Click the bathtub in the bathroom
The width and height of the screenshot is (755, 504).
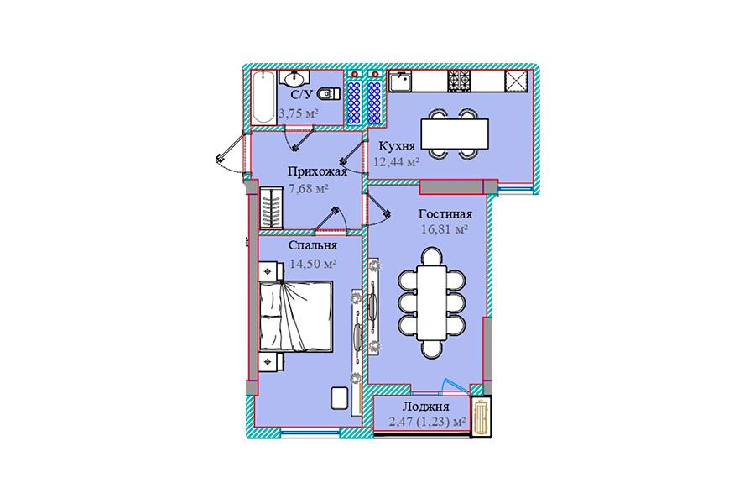[x=264, y=97]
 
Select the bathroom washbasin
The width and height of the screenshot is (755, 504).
[x=294, y=77]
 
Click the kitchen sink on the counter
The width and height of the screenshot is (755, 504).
[x=401, y=82]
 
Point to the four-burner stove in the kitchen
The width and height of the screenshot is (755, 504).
[x=460, y=81]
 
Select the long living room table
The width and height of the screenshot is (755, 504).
[x=432, y=302]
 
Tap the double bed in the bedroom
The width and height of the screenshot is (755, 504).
[x=295, y=317]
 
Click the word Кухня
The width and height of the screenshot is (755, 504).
[x=397, y=146]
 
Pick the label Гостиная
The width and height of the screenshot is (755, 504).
[x=445, y=214]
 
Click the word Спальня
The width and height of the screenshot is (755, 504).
[x=313, y=245]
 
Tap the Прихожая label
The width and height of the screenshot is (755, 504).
[x=317, y=172]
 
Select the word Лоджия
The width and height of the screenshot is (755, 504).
[x=426, y=407]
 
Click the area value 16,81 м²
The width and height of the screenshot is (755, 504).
[x=445, y=229]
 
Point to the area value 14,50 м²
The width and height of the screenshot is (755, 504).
[x=313, y=265]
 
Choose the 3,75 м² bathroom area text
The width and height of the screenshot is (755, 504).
[x=299, y=114]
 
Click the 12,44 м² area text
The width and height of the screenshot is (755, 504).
[x=396, y=162]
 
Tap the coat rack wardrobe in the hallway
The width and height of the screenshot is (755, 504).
[x=272, y=207]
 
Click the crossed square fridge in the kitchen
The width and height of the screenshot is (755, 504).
[x=516, y=81]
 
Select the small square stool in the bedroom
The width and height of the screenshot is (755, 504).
[x=339, y=399]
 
